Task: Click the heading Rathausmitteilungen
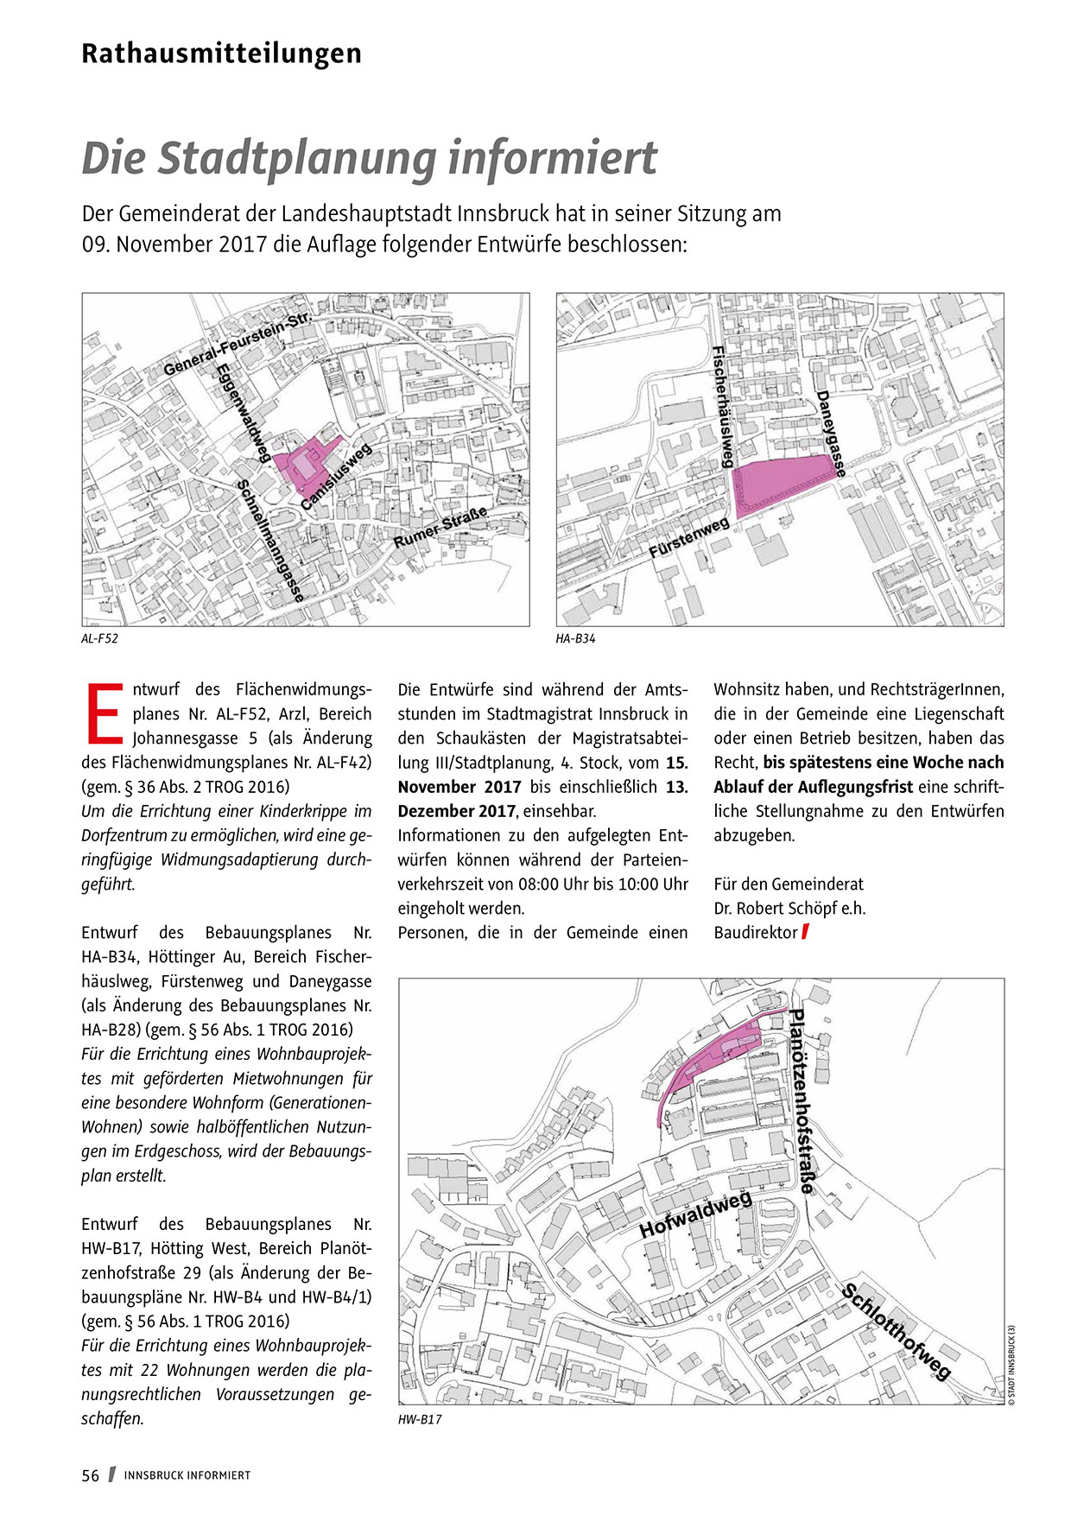coord(221,54)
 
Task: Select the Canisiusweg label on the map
coord(336,476)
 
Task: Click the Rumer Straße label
coord(440,528)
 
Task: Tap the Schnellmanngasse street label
coord(270,541)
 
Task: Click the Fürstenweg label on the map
coord(689,538)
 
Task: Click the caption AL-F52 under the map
coord(99,639)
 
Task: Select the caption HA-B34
coord(575,639)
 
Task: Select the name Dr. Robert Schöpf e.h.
coord(789,909)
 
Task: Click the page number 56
coord(91,1475)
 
